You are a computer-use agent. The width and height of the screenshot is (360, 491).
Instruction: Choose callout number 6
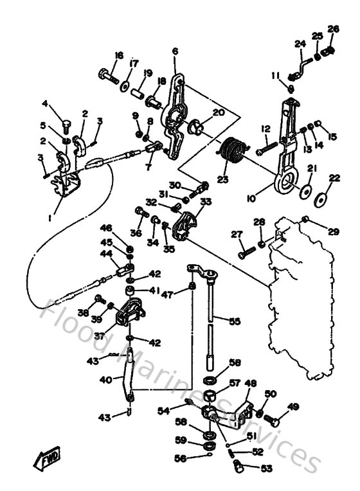(x=175, y=51)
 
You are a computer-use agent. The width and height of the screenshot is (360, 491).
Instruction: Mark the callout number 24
(x=299, y=44)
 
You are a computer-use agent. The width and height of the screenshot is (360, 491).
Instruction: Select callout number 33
(x=205, y=201)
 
